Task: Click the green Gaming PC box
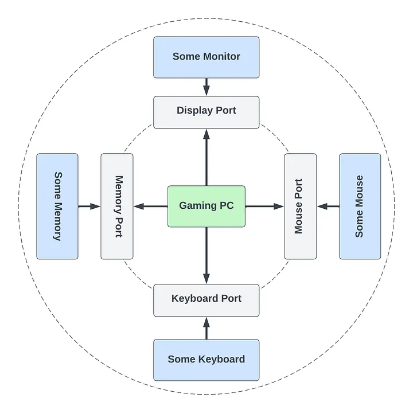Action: point(206,206)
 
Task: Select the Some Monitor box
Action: point(206,57)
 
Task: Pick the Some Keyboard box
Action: point(206,360)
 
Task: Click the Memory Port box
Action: point(117,206)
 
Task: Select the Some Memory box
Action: point(57,206)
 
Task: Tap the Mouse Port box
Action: point(300,206)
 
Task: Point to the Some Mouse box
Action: point(360,206)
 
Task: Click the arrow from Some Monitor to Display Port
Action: point(206,87)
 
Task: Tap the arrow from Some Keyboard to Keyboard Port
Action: point(206,328)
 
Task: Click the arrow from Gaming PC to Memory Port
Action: point(150,206)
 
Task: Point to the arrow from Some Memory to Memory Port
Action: point(89,206)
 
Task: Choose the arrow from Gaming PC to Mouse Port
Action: point(264,206)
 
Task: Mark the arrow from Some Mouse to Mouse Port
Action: point(328,206)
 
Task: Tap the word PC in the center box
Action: point(226,205)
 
